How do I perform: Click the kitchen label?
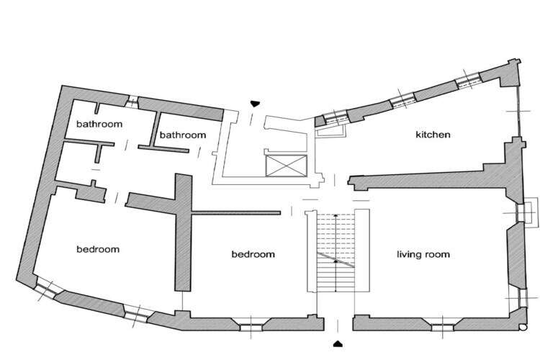click(x=433, y=135)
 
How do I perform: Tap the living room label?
click(x=423, y=254)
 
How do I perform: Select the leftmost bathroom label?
click(x=99, y=124)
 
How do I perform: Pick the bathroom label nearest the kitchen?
click(x=182, y=135)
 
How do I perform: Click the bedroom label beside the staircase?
click(x=253, y=254)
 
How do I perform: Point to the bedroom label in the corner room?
click(x=98, y=250)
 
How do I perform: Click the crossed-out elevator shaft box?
click(x=286, y=165)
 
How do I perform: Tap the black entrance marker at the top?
click(x=252, y=103)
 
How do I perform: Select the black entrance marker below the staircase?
click(x=338, y=343)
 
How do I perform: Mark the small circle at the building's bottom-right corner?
click(x=523, y=328)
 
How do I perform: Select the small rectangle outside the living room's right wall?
click(x=529, y=212)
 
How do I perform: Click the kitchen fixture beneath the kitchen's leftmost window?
click(x=330, y=131)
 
